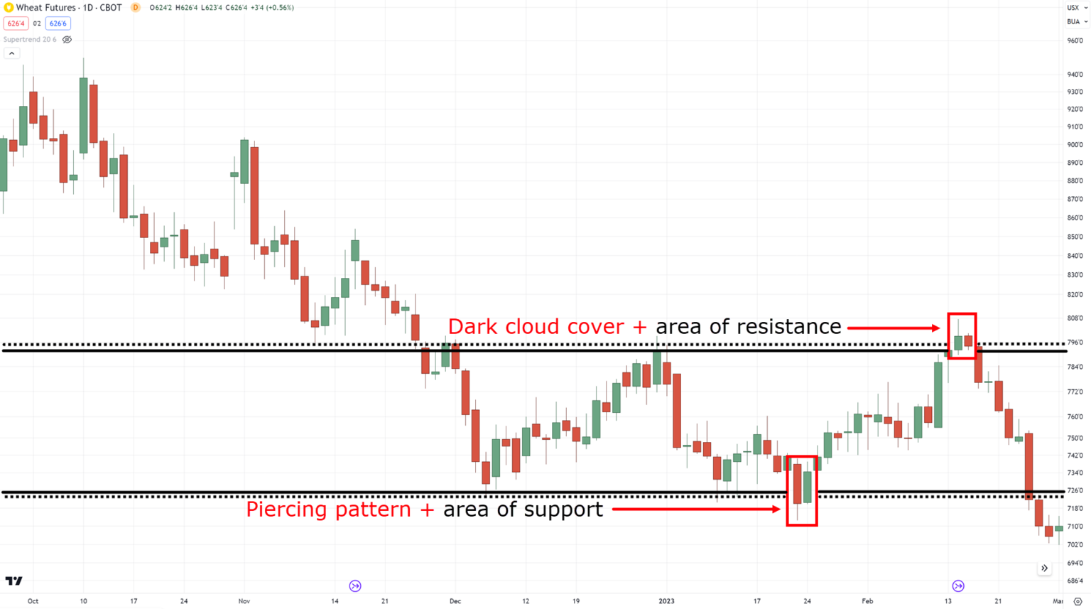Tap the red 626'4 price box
(16, 23)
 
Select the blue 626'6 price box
(58, 23)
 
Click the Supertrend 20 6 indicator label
(30, 40)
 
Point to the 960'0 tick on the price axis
(1075, 41)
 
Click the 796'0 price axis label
(1075, 343)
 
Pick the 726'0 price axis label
(1075, 490)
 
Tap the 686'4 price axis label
(1075, 581)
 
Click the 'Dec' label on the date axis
(455, 601)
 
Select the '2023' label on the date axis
(666, 601)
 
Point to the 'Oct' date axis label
(33, 601)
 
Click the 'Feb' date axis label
(867, 601)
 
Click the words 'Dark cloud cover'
(538, 327)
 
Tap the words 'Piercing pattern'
(329, 510)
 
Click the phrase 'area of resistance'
(748, 327)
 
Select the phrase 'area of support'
(523, 510)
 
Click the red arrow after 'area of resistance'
(894, 328)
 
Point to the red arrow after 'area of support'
(696, 510)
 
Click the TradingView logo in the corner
(13, 581)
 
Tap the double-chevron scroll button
(1044, 568)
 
